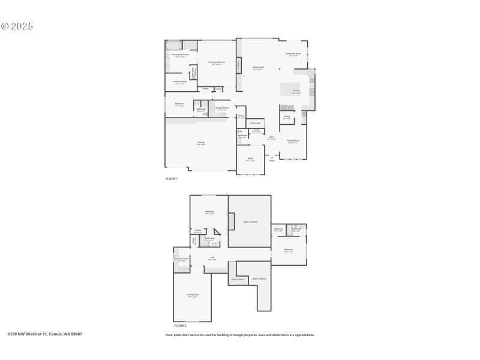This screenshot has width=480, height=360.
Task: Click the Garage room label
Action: [202, 143]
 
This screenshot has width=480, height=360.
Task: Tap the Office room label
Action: [251, 159]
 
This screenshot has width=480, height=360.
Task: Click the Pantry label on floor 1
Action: [287, 117]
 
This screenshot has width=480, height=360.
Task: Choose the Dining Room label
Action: [293, 141]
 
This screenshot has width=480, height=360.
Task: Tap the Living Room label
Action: [259, 68]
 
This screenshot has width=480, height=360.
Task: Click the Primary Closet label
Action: [179, 82]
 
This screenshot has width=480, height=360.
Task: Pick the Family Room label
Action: [192, 295]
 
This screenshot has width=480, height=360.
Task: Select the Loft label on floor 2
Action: [212, 259]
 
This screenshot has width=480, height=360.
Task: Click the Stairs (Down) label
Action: [238, 279]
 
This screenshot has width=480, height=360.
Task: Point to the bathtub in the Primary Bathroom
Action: [173, 46]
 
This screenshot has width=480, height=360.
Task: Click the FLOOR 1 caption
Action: [172, 179]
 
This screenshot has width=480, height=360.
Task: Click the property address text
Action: [45, 334]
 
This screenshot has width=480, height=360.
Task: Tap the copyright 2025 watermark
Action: [17, 26]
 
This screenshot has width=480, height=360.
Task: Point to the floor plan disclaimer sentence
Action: [240, 335]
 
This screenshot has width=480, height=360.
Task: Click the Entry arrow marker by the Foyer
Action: [272, 158]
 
